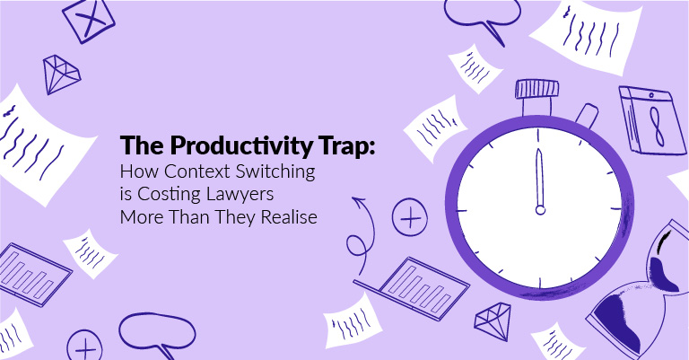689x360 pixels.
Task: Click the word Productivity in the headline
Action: click(x=240, y=145)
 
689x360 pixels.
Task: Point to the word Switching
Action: click(x=275, y=172)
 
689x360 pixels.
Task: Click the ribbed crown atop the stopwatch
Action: click(x=536, y=89)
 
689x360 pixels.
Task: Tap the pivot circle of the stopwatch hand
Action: click(x=540, y=210)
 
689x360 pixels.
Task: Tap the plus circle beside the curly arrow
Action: click(x=409, y=217)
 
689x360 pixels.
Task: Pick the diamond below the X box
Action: click(x=61, y=74)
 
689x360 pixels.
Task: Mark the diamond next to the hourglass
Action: click(x=493, y=316)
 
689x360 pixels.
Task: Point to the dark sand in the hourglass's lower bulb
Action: click(x=617, y=320)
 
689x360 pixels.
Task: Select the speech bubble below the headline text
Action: click(x=157, y=332)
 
